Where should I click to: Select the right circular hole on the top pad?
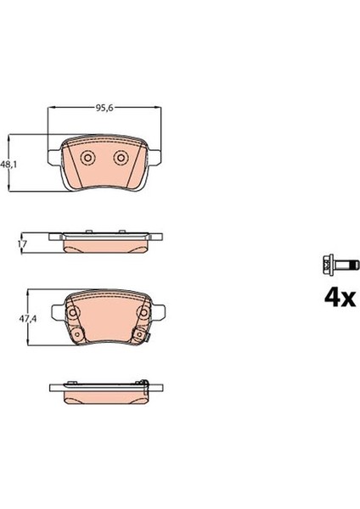tap(120, 159)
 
